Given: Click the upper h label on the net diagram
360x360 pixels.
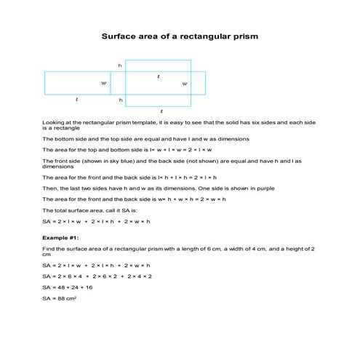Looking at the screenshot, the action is [120, 65].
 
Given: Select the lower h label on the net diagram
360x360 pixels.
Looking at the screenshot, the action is [120, 100].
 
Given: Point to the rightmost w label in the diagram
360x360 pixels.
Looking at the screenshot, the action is [184, 84].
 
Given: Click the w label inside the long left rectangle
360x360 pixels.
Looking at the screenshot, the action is [104, 84].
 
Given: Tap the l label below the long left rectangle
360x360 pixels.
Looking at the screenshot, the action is [77, 99].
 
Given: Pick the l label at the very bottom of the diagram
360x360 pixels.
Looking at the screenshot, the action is [161, 111].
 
